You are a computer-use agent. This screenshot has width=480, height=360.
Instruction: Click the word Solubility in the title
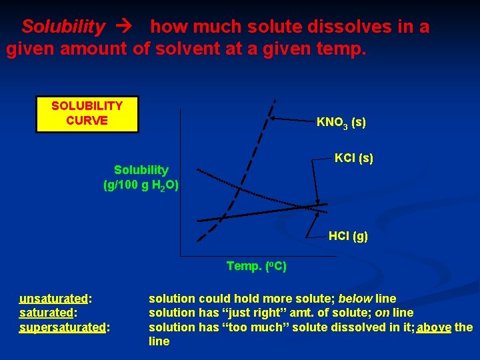(x=63, y=27)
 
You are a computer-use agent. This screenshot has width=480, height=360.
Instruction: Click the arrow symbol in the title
(x=127, y=28)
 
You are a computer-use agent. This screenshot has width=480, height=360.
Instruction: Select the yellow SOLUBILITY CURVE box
(x=87, y=114)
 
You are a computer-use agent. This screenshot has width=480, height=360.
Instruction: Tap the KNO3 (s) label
(x=341, y=123)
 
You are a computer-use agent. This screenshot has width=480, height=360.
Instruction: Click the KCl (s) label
(x=353, y=158)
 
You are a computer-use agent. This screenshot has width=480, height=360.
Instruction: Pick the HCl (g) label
(x=348, y=236)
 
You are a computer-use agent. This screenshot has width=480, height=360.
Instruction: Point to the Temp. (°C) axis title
(x=257, y=267)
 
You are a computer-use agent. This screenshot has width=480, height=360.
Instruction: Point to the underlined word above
(x=434, y=327)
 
